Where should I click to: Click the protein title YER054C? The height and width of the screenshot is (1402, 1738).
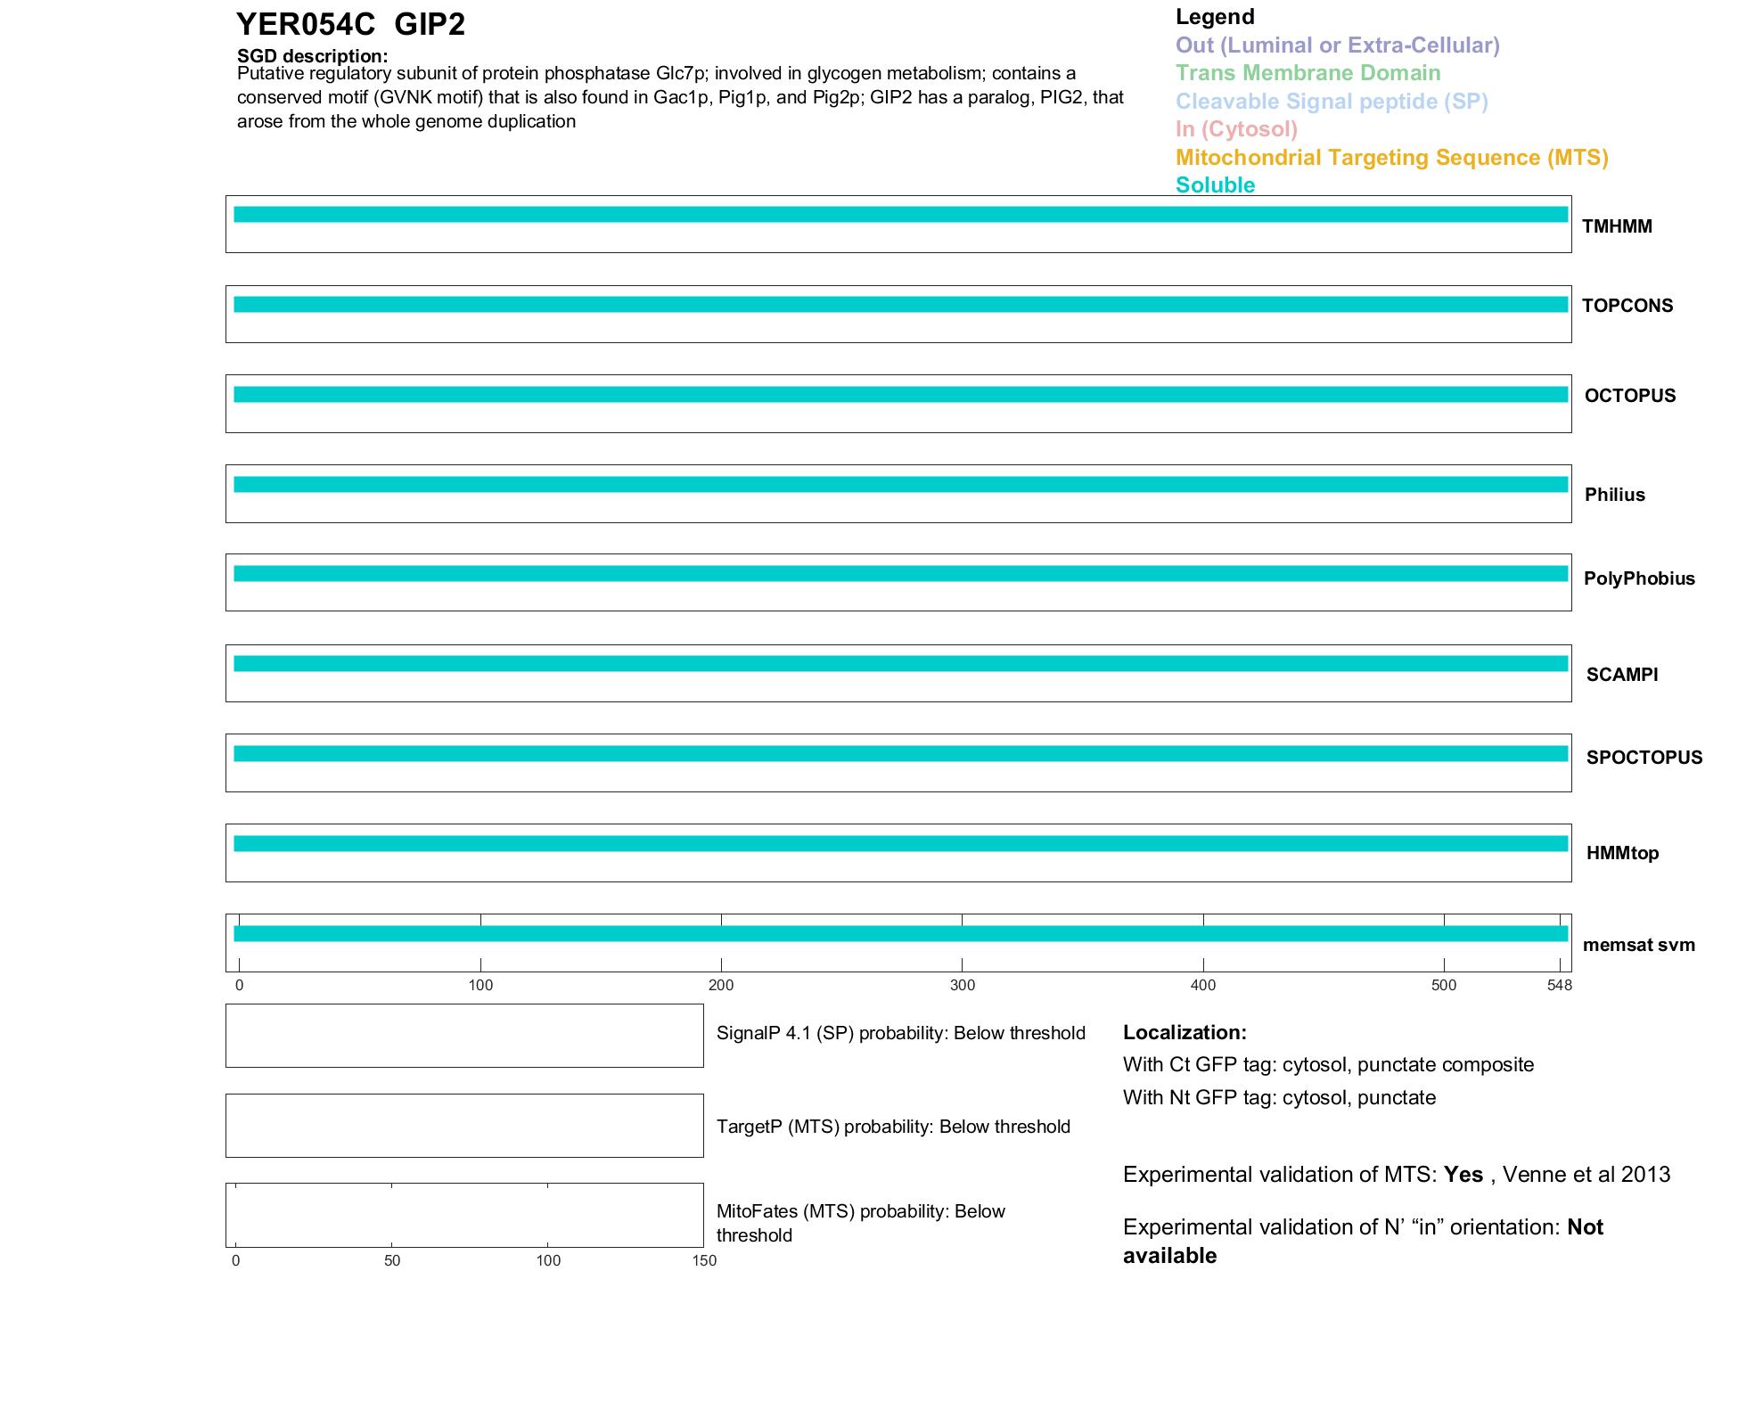305,25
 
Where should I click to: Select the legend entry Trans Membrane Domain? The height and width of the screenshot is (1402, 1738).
1308,73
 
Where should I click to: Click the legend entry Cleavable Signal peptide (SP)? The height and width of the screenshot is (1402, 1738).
1332,102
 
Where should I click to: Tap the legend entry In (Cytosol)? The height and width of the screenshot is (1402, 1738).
1236,129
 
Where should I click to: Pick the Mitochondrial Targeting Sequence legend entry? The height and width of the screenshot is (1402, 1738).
1391,158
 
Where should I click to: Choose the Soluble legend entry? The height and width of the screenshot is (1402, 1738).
1215,185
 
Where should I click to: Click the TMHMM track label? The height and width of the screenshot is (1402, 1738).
1616,226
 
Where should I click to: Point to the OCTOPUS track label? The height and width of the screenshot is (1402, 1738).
1629,396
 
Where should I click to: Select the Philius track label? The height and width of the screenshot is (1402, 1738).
1614,495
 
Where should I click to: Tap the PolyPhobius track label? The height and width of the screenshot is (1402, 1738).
1638,578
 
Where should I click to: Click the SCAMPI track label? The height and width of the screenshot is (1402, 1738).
1621,675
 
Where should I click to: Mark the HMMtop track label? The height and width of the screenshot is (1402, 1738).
1622,853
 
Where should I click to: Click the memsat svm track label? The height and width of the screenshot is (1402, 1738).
1638,945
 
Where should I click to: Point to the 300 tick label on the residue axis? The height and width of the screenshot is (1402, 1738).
963,985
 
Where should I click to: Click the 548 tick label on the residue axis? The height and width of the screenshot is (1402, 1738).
1559,985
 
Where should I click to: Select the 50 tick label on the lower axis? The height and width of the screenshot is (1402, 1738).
392,1260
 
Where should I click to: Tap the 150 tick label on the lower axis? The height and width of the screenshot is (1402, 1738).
704,1260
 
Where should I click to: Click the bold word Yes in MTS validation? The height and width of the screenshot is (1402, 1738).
1463,1175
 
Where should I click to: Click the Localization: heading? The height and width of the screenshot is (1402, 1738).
1184,1032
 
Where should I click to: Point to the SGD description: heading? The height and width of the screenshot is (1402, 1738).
312,56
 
